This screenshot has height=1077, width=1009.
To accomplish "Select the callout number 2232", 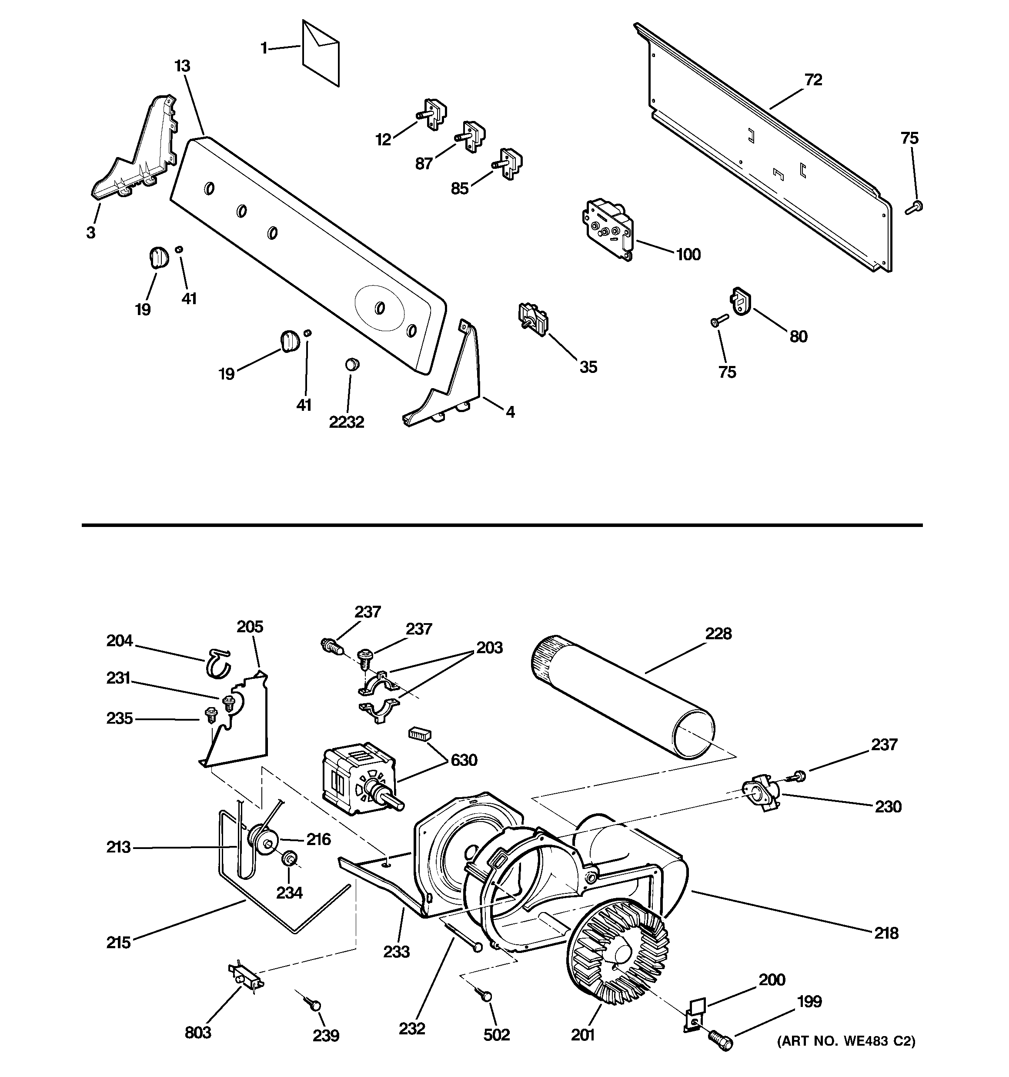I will pos(347,422).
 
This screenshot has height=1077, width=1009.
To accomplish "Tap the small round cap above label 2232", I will pos(352,363).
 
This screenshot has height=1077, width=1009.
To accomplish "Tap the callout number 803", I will pos(198,1033).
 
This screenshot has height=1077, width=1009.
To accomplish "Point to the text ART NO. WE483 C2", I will pos(846,1041).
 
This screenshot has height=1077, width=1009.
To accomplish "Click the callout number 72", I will pos(813,80).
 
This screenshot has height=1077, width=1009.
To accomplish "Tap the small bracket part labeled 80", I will pos(742,301).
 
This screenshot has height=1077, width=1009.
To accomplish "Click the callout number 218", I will pos(886,933).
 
